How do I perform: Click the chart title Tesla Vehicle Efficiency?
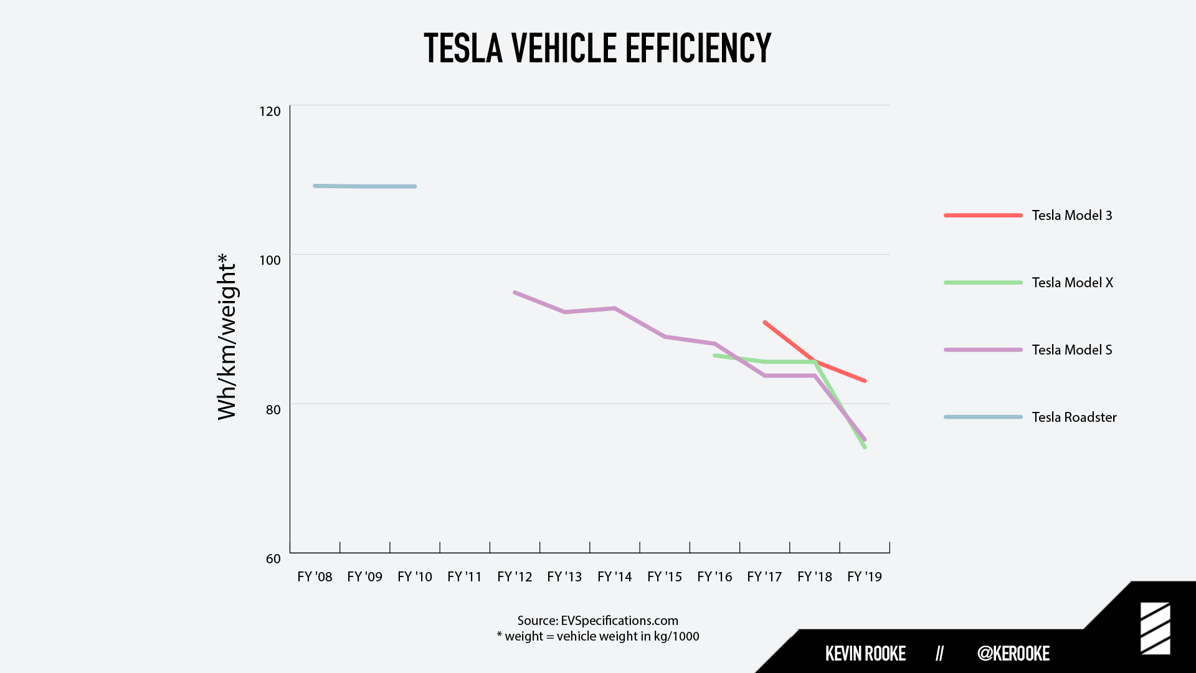597,48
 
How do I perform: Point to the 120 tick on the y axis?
270,112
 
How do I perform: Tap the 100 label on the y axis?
270,260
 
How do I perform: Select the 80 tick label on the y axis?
273,409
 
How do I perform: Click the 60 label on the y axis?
273,559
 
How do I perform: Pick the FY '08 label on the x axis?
315,577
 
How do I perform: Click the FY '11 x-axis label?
465,577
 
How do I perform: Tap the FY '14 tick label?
614,577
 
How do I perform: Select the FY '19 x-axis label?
865,577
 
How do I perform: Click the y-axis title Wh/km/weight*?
227,336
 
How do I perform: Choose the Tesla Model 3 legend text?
1071,216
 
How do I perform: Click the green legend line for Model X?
983,283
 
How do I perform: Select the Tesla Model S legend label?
1071,350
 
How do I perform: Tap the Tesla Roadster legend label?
1074,418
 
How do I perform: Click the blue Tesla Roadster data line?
365,186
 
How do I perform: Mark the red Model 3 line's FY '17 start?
765,322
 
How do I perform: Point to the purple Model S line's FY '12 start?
515,292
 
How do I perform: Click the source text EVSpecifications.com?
619,621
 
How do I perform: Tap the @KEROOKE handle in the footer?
1013,653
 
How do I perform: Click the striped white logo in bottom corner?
1155,628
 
